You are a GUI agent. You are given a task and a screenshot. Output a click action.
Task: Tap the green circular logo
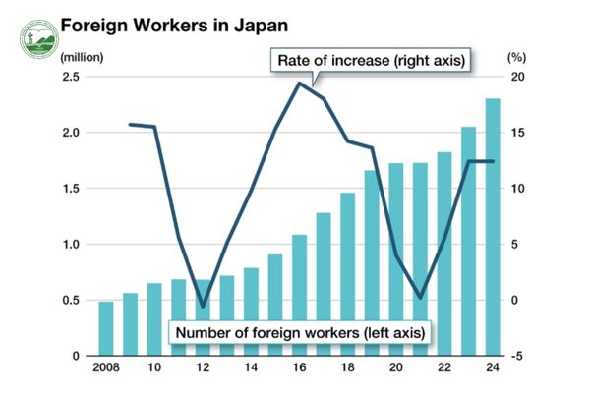[x=37, y=36]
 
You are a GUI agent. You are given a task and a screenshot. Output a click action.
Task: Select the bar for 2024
[x=493, y=226]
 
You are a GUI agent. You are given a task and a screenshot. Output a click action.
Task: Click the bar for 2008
[x=106, y=328]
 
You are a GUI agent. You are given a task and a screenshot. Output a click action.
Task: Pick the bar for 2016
[x=300, y=295]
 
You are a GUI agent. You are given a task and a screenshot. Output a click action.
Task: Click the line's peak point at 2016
[x=300, y=83]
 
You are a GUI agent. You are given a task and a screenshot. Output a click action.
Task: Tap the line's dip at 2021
[x=420, y=298]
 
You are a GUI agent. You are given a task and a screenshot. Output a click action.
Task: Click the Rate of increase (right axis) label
[x=371, y=61]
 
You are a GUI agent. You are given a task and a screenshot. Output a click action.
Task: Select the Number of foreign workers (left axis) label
[x=301, y=332]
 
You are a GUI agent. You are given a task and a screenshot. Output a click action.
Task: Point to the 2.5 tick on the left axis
[x=74, y=77]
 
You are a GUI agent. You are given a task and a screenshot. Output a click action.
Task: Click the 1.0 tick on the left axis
[x=74, y=244]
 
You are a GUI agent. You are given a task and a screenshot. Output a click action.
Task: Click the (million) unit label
[x=82, y=57]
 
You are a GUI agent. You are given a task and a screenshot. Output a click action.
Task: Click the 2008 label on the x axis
[x=106, y=370]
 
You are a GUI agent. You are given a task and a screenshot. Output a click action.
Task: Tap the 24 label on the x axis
[x=493, y=370]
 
